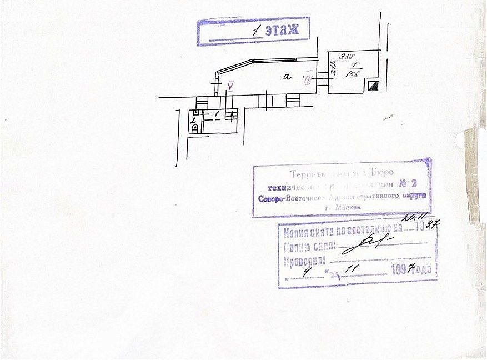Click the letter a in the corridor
point(287,77)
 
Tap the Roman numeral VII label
point(307,79)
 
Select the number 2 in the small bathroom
point(193,119)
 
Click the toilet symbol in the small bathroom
point(195,128)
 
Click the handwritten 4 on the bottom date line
point(308,272)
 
